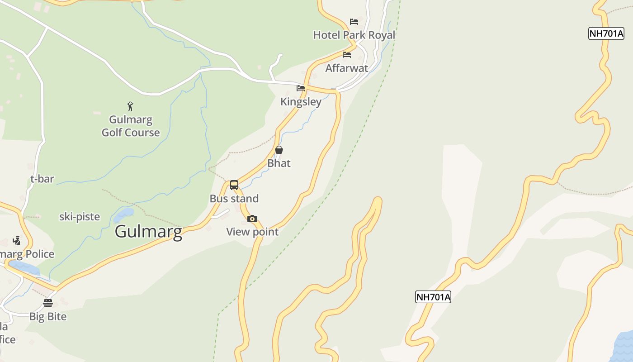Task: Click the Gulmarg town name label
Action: pos(148,231)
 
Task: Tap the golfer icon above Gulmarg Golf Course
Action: pos(130,107)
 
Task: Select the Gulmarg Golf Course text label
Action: pos(131,126)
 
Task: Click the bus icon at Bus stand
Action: pos(234,185)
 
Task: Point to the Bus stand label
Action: pos(234,199)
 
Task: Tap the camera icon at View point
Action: pos(252,219)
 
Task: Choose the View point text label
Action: pos(252,232)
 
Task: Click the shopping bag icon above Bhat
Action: pos(279,150)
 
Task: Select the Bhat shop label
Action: pos(279,163)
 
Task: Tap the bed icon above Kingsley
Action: pos(301,88)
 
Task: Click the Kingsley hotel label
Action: pos(301,102)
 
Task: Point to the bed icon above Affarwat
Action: pos(347,55)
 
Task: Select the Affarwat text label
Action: pos(347,68)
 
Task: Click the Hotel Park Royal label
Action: pos(354,35)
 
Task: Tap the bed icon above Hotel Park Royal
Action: pos(354,22)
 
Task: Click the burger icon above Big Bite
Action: pos(48,303)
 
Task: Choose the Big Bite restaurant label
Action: pos(48,317)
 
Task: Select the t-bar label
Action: pos(42,179)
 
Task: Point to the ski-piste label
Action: pos(80,217)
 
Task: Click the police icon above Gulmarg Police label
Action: pos(17,241)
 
